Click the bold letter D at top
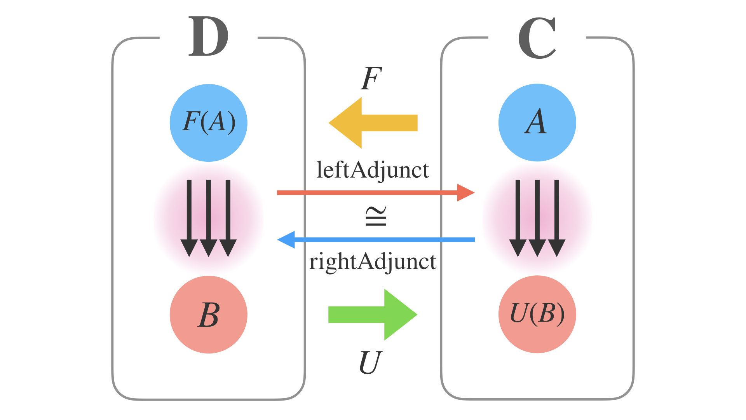tap(208, 37)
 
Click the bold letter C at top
tap(537, 38)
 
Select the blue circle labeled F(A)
tap(209, 123)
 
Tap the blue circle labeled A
tap(537, 122)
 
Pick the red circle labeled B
tap(209, 315)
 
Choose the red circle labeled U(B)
tap(537, 314)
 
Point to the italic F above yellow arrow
tap(371, 79)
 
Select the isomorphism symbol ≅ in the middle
tap(376, 217)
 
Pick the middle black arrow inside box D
tap(209, 218)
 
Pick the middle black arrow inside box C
tap(537, 218)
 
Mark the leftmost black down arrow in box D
tap(189, 218)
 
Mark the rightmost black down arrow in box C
tap(556, 218)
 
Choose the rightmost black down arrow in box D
tap(228, 218)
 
